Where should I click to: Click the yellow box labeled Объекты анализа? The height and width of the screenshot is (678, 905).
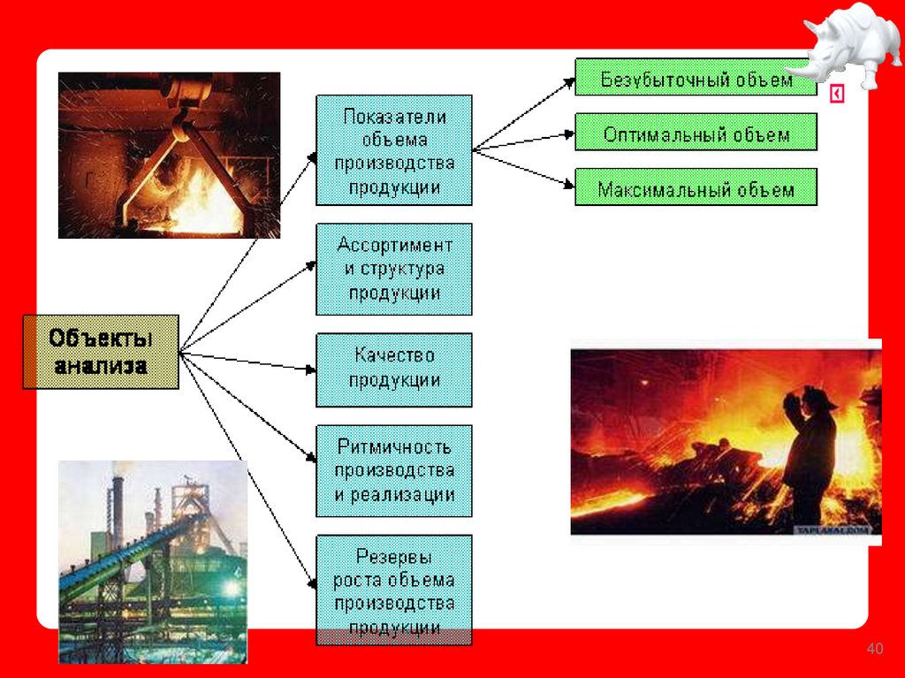101,351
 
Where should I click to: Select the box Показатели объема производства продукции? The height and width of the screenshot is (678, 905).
394,150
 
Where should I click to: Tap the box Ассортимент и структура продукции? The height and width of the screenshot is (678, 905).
394,269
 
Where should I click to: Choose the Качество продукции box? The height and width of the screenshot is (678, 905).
394,369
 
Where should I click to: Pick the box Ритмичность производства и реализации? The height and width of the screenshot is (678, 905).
394,470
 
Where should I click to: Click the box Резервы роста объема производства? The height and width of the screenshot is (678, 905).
394,590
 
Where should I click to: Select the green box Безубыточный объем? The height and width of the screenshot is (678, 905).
696,78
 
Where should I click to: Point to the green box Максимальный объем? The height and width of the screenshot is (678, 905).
696,187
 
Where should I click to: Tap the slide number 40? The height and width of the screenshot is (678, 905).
875,651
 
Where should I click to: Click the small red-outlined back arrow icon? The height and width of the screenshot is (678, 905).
837,94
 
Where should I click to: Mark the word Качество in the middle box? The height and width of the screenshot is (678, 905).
394,355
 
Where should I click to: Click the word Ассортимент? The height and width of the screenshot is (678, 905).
394,245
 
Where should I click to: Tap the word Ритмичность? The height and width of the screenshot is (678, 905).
394,446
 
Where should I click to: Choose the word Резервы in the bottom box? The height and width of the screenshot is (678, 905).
394,556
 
